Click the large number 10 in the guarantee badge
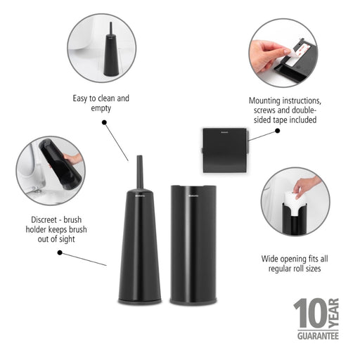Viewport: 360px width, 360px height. click(310, 314)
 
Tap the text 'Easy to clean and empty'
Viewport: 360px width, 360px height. click(101, 104)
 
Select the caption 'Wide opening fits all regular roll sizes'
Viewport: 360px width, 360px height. click(294, 264)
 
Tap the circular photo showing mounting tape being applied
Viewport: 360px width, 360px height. click(283, 53)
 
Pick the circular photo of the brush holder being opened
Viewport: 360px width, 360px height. click(51, 171)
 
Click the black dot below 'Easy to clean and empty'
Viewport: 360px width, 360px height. click(105, 122)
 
